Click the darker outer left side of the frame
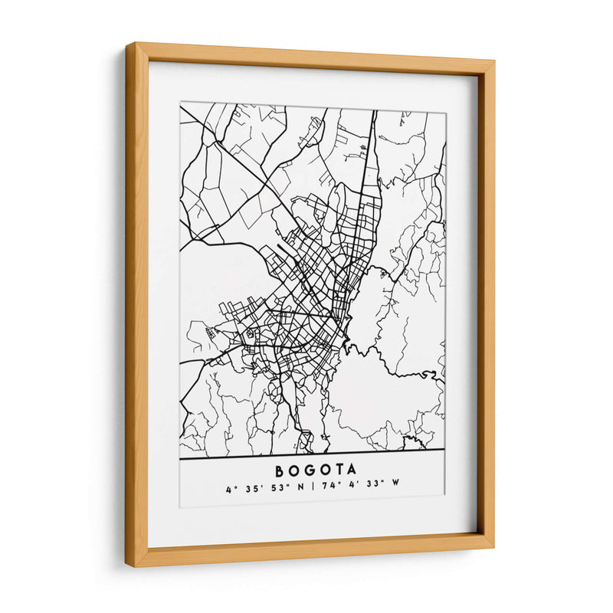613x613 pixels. (132, 306)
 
